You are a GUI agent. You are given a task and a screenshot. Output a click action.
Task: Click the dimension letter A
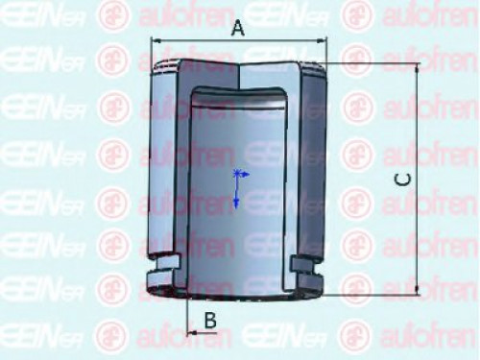click(240, 30)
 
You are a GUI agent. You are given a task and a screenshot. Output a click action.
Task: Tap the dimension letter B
click(209, 321)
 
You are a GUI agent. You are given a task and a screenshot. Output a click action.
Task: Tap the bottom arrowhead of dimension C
click(418, 289)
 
